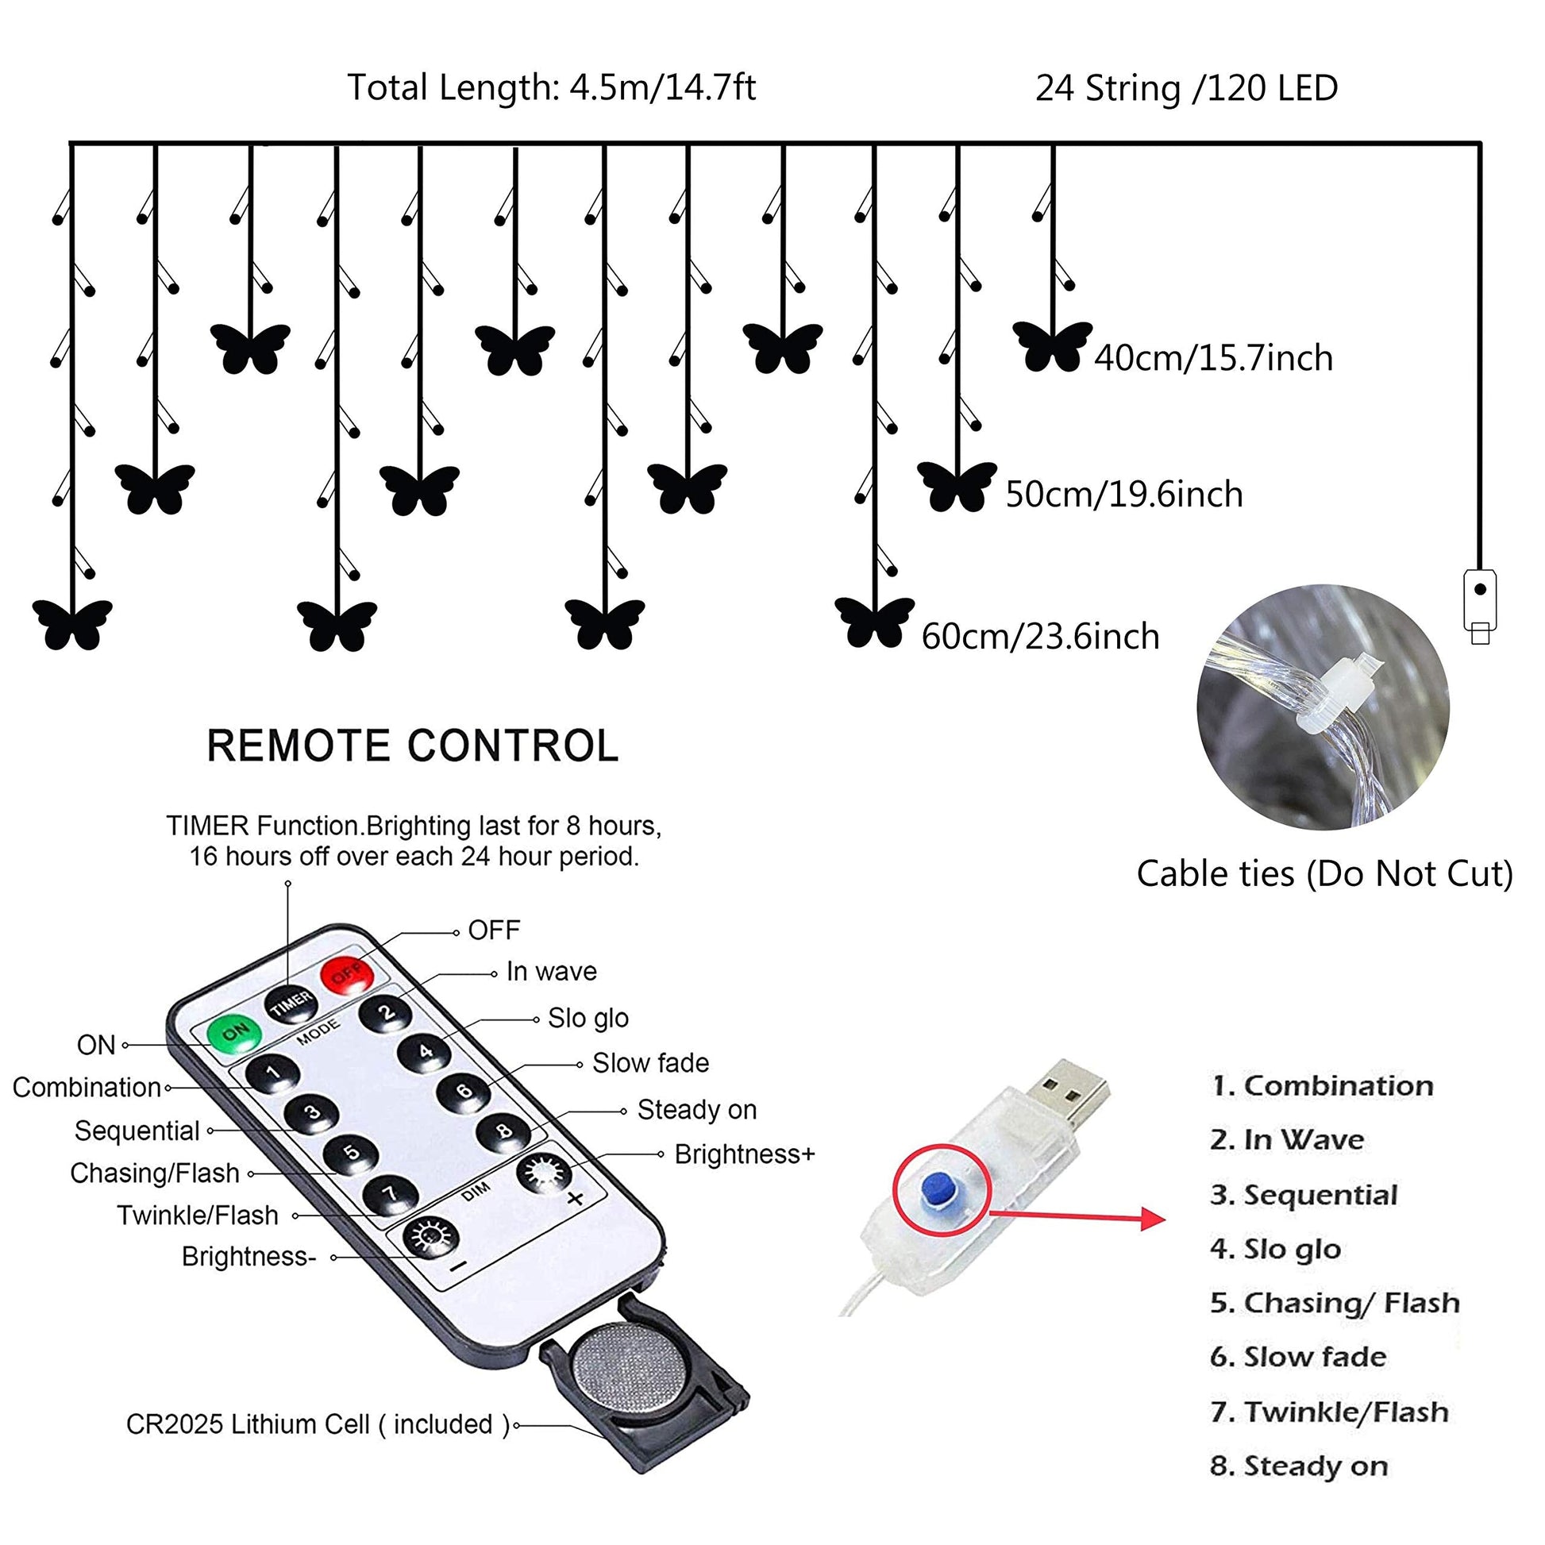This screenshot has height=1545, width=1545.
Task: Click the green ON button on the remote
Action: coord(234,1032)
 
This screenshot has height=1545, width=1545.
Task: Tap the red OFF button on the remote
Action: coord(347,974)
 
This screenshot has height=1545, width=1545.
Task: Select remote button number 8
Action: coord(504,1131)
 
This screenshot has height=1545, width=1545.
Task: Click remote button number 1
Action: coord(272,1073)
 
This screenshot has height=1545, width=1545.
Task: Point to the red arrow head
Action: coord(1153,1219)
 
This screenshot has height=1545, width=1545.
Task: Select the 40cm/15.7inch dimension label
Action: coord(1213,357)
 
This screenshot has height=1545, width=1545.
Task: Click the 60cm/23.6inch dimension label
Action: coord(1040,637)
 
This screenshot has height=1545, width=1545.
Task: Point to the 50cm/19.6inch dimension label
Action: coord(1124,494)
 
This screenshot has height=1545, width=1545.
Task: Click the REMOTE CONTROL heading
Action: coord(413,746)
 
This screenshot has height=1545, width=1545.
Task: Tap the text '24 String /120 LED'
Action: coord(1187,88)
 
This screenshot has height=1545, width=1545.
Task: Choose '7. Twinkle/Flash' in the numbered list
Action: coord(1329,1412)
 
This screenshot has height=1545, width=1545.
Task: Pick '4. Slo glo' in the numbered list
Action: coord(1276,1249)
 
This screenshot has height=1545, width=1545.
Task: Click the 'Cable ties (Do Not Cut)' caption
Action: coord(1325,873)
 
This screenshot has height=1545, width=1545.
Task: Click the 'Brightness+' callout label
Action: coord(745,1154)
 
